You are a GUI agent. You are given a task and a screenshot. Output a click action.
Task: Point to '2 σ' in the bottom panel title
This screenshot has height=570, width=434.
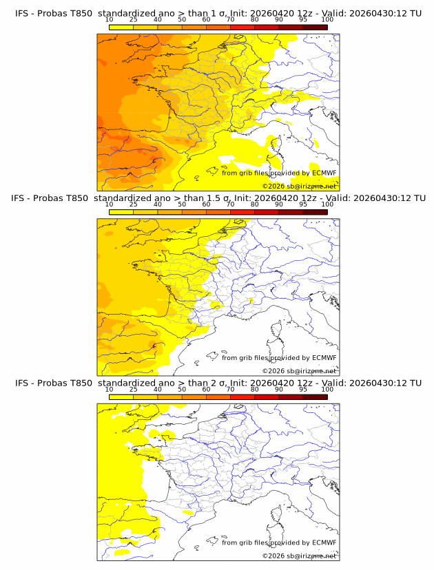[223, 383]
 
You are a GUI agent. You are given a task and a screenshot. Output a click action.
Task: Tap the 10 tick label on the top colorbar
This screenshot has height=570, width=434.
[110, 19]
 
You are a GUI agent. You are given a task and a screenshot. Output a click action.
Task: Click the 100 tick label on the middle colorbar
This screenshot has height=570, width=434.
[327, 204]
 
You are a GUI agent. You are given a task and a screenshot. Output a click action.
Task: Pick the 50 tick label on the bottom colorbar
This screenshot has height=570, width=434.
[182, 390]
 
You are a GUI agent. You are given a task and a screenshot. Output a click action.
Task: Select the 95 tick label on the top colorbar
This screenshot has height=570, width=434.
[303, 19]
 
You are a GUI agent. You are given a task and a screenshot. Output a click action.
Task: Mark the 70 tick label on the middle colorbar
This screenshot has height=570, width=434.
[230, 204]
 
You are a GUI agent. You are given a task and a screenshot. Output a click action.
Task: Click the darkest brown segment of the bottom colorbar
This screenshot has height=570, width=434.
[315, 397]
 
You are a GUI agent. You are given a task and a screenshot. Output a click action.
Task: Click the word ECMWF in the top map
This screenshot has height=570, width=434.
[324, 173]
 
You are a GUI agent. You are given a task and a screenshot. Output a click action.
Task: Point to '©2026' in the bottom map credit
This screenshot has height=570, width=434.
[273, 556]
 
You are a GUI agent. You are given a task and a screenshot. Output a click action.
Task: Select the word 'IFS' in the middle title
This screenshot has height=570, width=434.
[19, 198]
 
